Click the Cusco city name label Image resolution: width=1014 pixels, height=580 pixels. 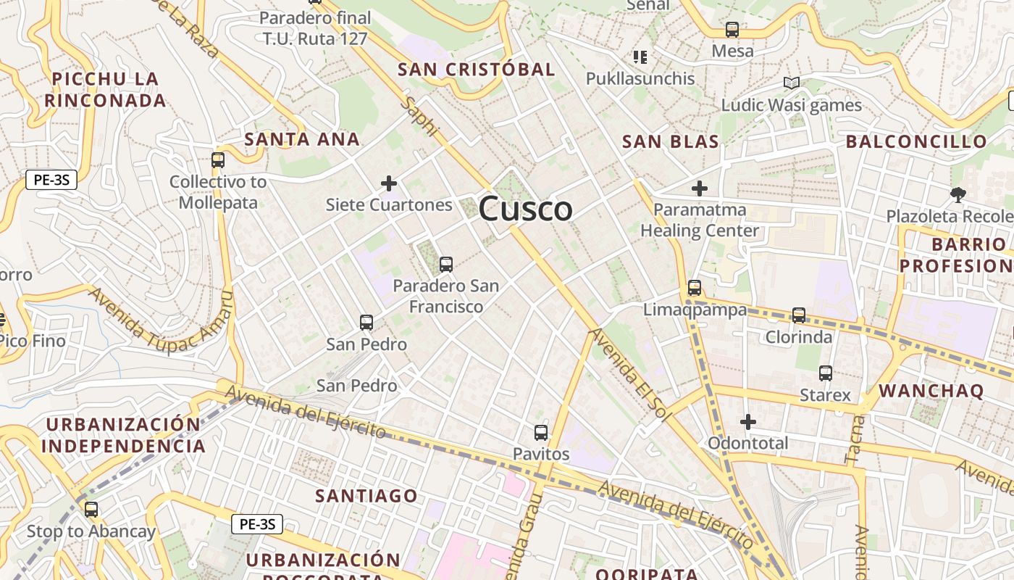coord(525,209)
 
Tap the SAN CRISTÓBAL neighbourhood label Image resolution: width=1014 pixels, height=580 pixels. coord(477,70)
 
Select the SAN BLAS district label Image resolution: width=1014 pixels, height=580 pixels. coord(671,141)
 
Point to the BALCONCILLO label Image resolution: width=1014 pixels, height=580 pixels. coord(916,141)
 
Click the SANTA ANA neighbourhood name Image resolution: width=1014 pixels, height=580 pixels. coord(302,139)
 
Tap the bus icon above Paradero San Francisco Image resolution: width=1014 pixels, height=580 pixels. coord(446,265)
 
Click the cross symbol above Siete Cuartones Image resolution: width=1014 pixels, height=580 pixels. coord(389,183)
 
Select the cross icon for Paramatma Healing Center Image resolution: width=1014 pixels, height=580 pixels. coord(699,189)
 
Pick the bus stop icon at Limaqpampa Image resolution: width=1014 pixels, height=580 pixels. coord(695,288)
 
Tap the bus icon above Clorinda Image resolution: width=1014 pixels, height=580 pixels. coord(799,315)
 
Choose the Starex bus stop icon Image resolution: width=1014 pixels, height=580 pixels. coord(826,373)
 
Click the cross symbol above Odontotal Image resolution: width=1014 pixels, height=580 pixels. coord(748,421)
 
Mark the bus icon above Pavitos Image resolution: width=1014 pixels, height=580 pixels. coord(541,433)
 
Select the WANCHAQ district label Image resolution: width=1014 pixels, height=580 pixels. coord(931,391)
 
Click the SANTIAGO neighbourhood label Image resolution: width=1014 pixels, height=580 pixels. coord(366,497)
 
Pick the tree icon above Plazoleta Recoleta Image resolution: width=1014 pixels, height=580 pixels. coord(958,194)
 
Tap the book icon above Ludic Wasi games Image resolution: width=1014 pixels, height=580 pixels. coord(792,83)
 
